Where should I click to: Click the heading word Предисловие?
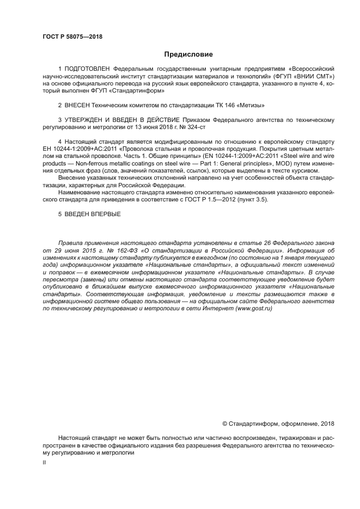click(188, 54)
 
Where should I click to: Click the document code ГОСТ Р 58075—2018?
click(72, 36)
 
